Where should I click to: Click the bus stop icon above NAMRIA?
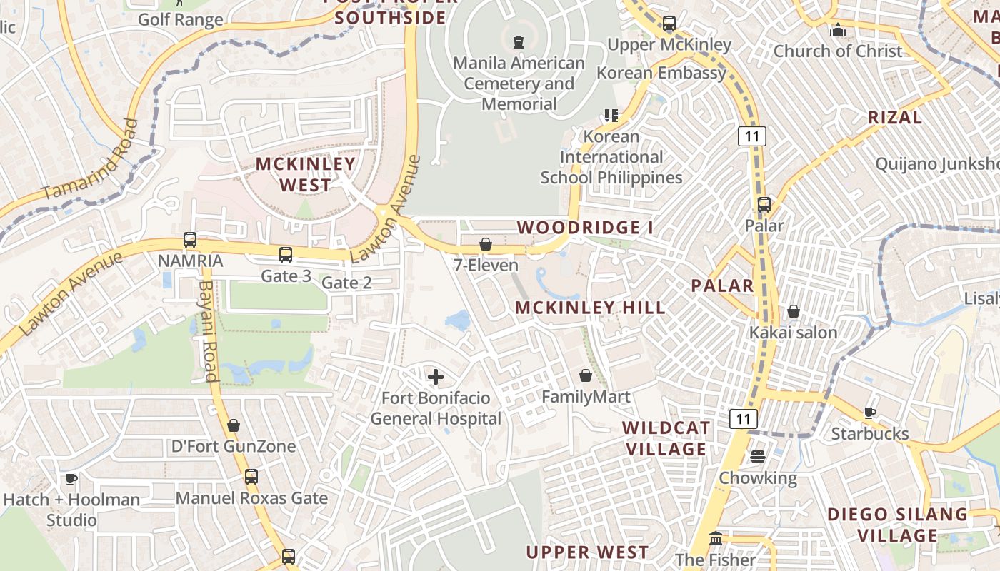tap(190, 240)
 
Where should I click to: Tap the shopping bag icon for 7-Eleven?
tap(486, 244)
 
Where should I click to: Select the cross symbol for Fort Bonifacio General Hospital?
tap(436, 376)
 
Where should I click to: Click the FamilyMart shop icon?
tap(586, 375)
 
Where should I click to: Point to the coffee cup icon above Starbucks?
tap(869, 413)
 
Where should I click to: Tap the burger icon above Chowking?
tap(757, 456)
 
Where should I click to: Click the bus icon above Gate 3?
tap(286, 254)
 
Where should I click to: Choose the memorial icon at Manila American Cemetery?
tap(519, 41)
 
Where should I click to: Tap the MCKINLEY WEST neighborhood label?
tap(306, 174)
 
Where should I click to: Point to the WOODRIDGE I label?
tap(585, 228)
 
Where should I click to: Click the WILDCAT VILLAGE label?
tap(666, 438)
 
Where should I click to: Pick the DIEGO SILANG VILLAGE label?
tap(897, 525)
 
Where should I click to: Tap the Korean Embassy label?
tap(661, 73)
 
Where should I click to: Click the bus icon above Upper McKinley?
tap(669, 24)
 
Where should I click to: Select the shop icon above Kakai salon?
tap(793, 311)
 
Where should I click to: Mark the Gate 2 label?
tap(346, 283)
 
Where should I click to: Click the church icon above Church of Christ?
tap(838, 30)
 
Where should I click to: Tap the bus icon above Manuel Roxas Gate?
tap(251, 476)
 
